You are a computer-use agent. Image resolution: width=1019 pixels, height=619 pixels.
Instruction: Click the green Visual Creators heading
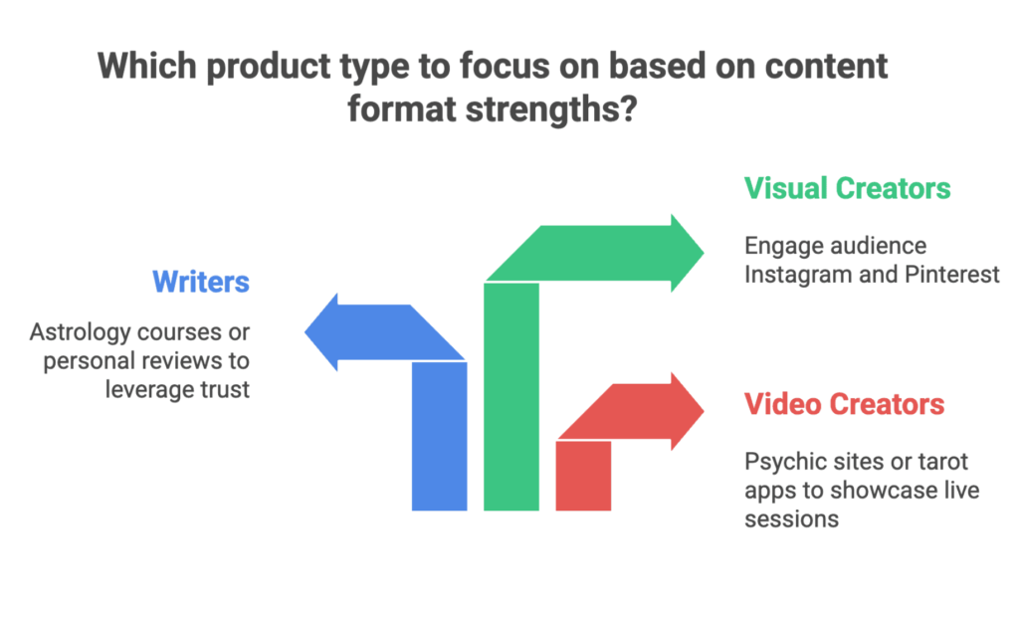coord(847,188)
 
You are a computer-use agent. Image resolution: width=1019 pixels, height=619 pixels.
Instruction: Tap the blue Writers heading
coord(200,282)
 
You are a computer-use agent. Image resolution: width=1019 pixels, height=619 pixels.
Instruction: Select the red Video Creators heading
coord(844,405)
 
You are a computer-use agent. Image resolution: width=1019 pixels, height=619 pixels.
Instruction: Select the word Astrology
coord(74,331)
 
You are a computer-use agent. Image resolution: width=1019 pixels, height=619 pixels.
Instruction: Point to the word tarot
coord(943,462)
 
